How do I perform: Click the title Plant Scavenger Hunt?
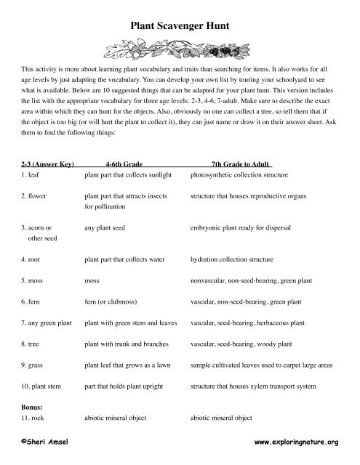pos(180,25)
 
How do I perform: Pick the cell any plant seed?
pos(108,227)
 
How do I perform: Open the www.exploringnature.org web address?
pos(297,441)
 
